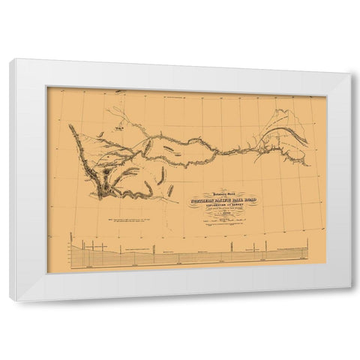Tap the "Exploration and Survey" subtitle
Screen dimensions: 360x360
226,205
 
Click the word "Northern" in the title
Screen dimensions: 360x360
203,200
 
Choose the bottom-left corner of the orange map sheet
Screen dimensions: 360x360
48,272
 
